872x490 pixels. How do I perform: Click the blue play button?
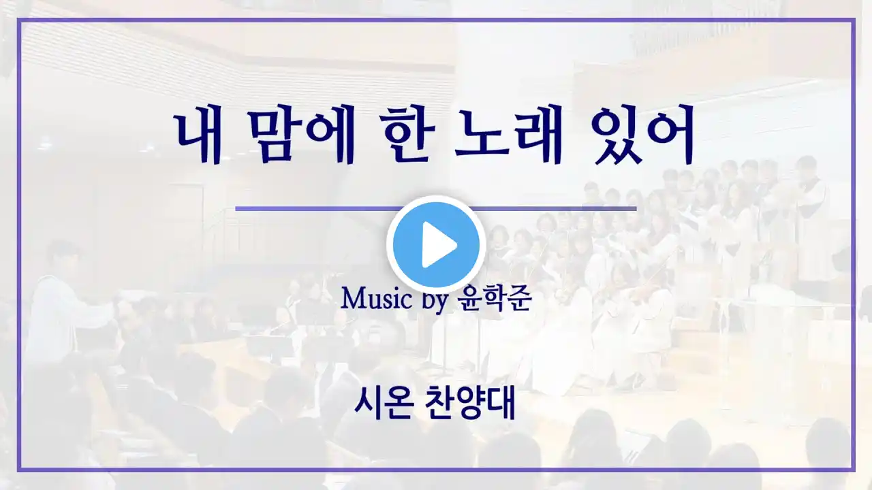coord(436,245)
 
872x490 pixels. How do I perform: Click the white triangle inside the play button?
coord(439,245)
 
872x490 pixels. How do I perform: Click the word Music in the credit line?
coord(377,299)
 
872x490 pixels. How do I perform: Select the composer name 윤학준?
coord(495,299)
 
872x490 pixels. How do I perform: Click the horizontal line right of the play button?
coord(555,209)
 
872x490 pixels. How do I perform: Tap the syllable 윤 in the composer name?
coord(470,299)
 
